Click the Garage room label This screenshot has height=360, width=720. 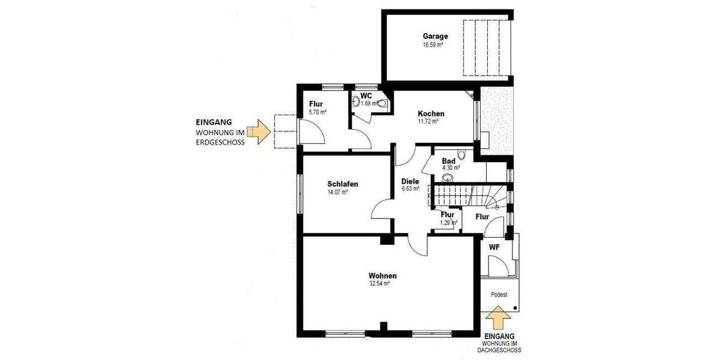[435, 36]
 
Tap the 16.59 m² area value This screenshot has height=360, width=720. [433, 44]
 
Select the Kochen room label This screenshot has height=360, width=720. [431, 113]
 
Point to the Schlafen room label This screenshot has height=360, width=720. [343, 184]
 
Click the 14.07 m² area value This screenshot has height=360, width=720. [337, 193]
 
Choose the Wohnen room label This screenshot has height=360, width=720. [382, 276]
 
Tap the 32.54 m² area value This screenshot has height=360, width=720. [380, 284]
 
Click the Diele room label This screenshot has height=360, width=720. [410, 181]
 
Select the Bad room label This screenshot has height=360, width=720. [448, 161]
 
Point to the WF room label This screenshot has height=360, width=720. [494, 247]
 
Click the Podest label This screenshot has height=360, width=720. [499, 295]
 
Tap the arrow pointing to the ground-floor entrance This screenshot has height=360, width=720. [260, 131]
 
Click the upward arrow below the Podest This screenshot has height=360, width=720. [498, 319]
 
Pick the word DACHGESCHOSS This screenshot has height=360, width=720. [499, 350]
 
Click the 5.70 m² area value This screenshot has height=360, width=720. [317, 112]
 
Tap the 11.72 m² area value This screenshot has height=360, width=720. [428, 121]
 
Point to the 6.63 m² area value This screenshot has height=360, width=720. [410, 189]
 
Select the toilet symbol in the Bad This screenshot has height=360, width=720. [461, 155]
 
